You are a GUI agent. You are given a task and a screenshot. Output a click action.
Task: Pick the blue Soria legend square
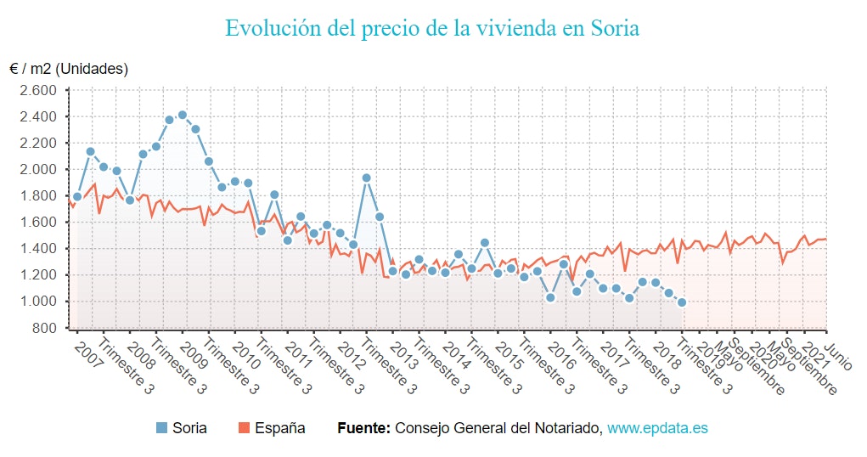pos(162,428)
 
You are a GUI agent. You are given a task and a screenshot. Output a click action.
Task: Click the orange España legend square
pos(242,428)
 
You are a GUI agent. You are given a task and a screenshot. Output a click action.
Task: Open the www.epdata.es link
pos(656,428)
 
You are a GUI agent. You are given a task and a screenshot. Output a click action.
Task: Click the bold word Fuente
pos(363,428)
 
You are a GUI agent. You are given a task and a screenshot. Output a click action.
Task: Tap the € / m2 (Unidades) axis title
pos(69,69)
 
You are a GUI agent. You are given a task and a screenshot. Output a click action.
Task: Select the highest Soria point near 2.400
pos(182,115)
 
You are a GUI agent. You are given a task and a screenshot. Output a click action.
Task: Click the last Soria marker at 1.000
pos(682,302)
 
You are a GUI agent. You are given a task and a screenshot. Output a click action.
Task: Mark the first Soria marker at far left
pos(77,197)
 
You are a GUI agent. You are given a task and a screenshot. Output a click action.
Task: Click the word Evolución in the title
pos(273,28)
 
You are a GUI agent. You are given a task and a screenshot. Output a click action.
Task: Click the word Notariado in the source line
pos(571,428)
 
